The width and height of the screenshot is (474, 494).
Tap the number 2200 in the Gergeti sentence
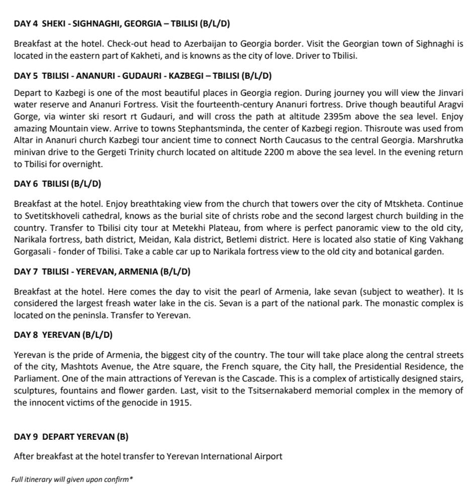point(274,152)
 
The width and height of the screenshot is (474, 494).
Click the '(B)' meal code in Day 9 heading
point(122,437)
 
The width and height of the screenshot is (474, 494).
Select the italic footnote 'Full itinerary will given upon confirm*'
point(71,479)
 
